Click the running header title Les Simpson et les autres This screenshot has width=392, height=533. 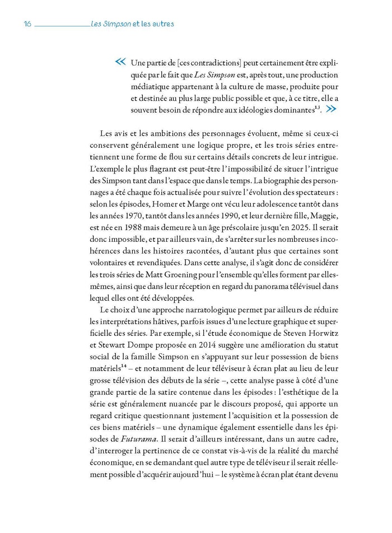pyautogui.click(x=132, y=24)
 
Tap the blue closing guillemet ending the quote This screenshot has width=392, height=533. pyautogui.click(x=330, y=109)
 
